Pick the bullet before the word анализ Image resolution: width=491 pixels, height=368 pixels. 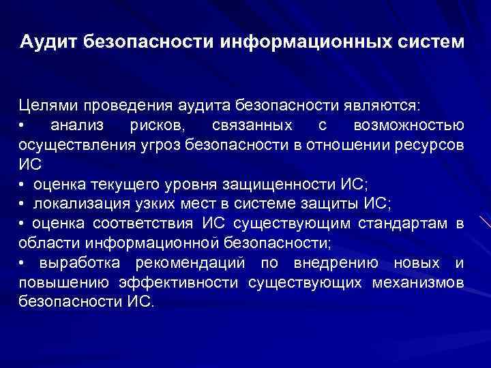click(x=22, y=126)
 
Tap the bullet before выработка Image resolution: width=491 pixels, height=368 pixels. click(x=22, y=263)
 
